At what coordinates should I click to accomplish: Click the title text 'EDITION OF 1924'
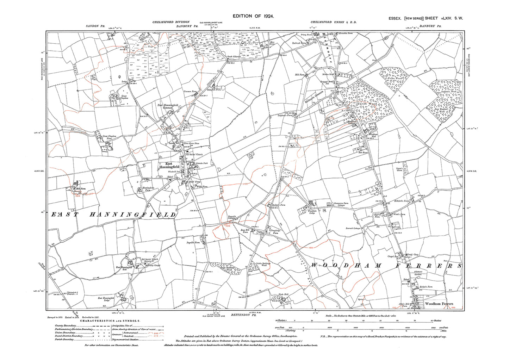253,16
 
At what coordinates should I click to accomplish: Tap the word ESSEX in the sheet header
395,18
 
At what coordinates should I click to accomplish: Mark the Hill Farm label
81,189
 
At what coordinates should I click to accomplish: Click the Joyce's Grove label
399,170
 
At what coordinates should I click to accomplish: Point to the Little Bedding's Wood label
263,264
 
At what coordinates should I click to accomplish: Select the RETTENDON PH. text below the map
241,314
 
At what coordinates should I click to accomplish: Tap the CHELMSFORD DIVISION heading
171,22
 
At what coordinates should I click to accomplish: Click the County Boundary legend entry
65,326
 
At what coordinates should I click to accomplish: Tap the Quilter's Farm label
278,205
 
